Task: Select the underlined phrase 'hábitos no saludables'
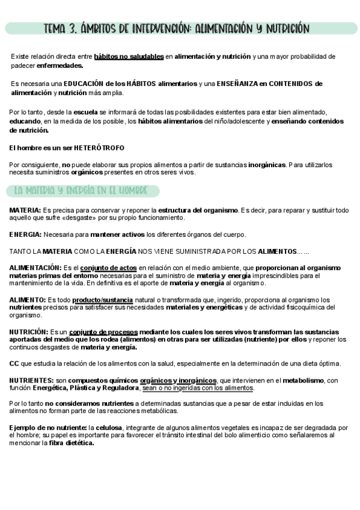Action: (x=129, y=57)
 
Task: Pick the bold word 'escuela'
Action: (x=85, y=112)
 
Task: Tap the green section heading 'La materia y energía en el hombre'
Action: (x=81, y=191)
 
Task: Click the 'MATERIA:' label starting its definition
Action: (x=25, y=210)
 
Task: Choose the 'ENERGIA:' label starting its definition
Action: (x=25, y=234)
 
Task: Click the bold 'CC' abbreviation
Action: (x=14, y=363)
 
